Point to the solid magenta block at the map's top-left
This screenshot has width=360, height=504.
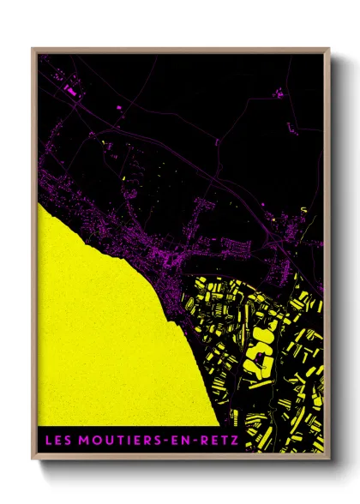(70, 88)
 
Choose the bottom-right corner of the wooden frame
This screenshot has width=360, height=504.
(329, 459)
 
